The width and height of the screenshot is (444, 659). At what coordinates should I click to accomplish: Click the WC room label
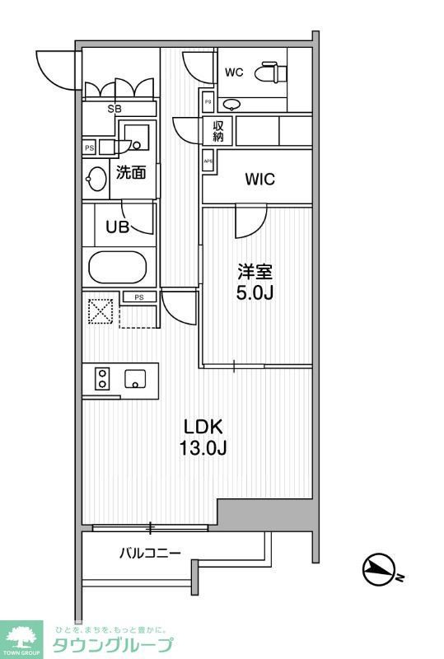click(235, 72)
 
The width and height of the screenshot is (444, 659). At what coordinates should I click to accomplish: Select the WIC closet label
click(259, 180)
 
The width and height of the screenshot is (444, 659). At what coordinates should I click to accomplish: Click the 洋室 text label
click(257, 271)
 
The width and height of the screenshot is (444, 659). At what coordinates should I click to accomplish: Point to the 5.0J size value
click(257, 293)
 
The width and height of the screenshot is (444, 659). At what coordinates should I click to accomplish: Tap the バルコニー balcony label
click(147, 553)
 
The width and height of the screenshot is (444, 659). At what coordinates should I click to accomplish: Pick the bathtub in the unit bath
click(117, 269)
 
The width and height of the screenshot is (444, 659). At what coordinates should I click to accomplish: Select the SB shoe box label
click(119, 108)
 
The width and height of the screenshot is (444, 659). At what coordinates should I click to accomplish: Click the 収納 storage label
click(218, 131)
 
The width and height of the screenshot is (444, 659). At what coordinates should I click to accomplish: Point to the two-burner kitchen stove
click(102, 379)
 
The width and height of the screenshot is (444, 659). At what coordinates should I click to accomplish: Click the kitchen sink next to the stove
click(135, 379)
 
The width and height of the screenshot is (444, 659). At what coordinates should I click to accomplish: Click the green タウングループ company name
click(112, 645)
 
